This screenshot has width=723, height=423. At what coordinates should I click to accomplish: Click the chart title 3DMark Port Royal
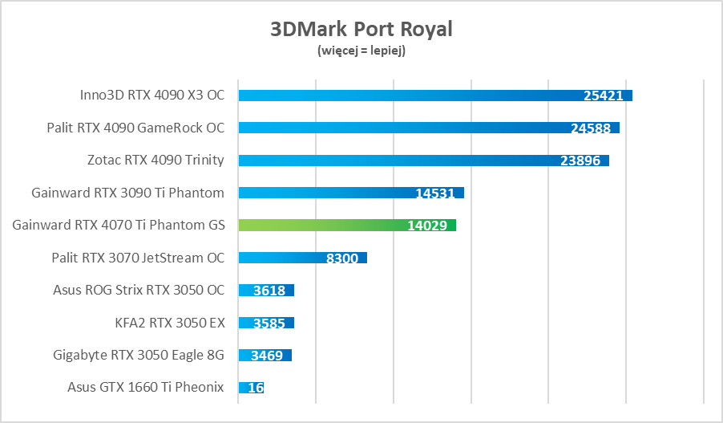[361, 30]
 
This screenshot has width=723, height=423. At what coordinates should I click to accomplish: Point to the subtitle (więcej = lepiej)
[361, 51]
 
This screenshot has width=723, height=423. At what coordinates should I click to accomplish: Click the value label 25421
[604, 96]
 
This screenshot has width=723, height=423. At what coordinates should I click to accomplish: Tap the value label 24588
[591, 128]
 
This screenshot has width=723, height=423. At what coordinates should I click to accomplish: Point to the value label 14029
[427, 226]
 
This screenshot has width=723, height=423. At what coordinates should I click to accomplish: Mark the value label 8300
[342, 258]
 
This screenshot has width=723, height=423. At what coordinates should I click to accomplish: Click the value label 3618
[269, 291]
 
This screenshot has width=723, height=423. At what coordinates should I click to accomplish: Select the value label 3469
[266, 355]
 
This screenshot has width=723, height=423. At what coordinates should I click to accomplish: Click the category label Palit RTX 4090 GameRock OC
[135, 128]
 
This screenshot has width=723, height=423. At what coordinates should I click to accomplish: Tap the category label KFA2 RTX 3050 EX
[170, 323]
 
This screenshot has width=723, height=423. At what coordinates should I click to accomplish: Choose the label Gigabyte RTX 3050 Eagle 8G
[139, 355]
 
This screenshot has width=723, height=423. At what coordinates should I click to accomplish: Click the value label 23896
[580, 161]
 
